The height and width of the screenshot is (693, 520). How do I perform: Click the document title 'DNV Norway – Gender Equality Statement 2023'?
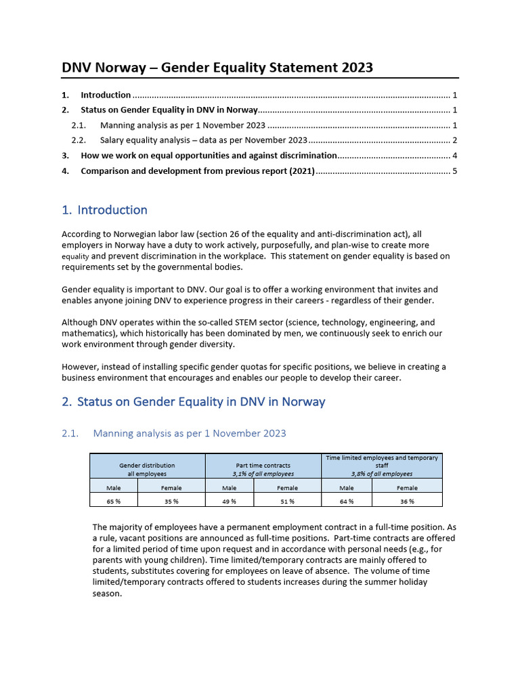pyautogui.click(x=217, y=67)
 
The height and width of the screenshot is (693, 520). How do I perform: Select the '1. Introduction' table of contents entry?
pyautogui.click(x=106, y=95)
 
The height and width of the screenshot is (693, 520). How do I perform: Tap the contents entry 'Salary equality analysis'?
pyautogui.click(x=203, y=140)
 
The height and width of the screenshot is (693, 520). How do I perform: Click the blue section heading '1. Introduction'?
pyautogui.click(x=104, y=210)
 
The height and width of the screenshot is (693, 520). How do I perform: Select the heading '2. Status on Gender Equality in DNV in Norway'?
pyautogui.click(x=193, y=401)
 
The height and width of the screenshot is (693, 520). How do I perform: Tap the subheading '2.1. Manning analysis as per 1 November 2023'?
pyautogui.click(x=189, y=433)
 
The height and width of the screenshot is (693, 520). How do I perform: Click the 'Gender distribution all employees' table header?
pyautogui.click(x=147, y=469)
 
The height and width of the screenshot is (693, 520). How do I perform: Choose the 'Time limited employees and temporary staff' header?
pyautogui.click(x=381, y=466)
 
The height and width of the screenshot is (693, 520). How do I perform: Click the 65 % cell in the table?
pyautogui.click(x=113, y=501)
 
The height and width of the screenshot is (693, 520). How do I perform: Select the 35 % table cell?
pyautogui.click(x=171, y=501)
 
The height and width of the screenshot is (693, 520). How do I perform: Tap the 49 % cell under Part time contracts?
pyautogui.click(x=229, y=501)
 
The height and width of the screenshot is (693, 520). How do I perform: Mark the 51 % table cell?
pyautogui.click(x=287, y=501)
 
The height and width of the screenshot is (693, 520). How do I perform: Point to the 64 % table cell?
pyautogui.click(x=346, y=501)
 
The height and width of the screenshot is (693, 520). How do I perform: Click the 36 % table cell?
pyautogui.click(x=407, y=501)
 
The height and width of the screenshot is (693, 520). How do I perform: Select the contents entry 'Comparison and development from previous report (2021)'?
pyautogui.click(x=198, y=171)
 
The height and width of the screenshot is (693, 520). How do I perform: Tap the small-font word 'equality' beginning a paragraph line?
pyautogui.click(x=75, y=257)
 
